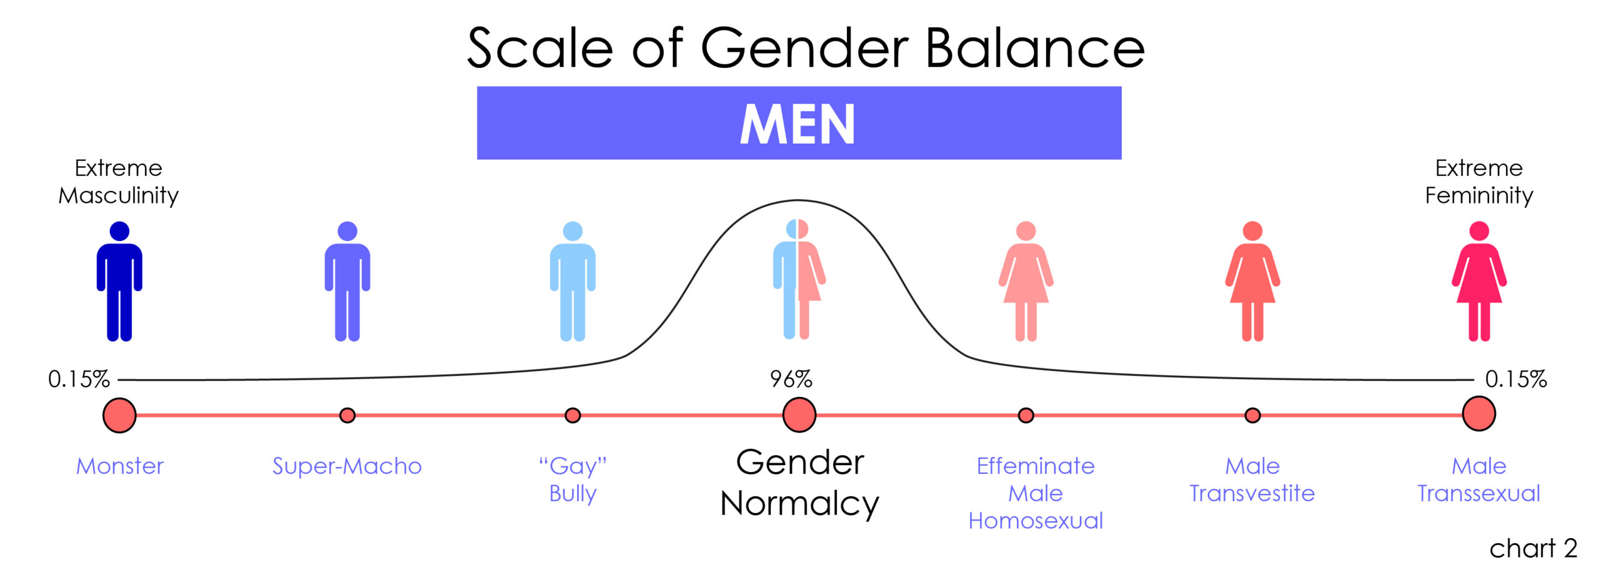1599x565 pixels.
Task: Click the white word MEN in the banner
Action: pyautogui.click(x=798, y=124)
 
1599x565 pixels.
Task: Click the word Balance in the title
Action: pyautogui.click(x=1035, y=48)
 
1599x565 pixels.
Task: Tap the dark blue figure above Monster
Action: pyautogui.click(x=119, y=281)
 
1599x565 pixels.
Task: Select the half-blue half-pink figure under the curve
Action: pyautogui.click(x=799, y=279)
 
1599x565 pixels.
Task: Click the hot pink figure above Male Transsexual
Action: pyautogui.click(x=1478, y=281)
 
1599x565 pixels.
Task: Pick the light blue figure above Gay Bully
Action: pyautogui.click(x=573, y=281)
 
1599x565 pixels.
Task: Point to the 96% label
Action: pyautogui.click(x=791, y=379)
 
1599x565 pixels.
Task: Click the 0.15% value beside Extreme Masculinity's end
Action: pyautogui.click(x=79, y=379)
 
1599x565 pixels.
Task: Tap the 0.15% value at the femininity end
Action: pyautogui.click(x=1516, y=379)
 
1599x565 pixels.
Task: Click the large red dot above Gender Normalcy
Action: pyautogui.click(x=799, y=415)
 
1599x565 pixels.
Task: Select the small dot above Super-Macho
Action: pyautogui.click(x=347, y=415)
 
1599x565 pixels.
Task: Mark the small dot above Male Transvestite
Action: pyautogui.click(x=1252, y=415)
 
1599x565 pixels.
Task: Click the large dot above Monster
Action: pyautogui.click(x=119, y=415)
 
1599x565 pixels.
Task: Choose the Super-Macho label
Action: pyautogui.click(x=347, y=466)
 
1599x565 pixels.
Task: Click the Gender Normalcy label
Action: pyautogui.click(x=799, y=483)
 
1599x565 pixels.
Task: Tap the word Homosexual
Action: pyautogui.click(x=1036, y=521)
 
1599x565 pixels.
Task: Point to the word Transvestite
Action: pyautogui.click(x=1252, y=493)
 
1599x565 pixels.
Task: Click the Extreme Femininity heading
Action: pyautogui.click(x=1478, y=182)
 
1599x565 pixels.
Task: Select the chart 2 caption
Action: pyautogui.click(x=1533, y=548)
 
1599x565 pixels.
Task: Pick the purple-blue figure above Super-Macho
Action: pyautogui.click(x=347, y=281)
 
